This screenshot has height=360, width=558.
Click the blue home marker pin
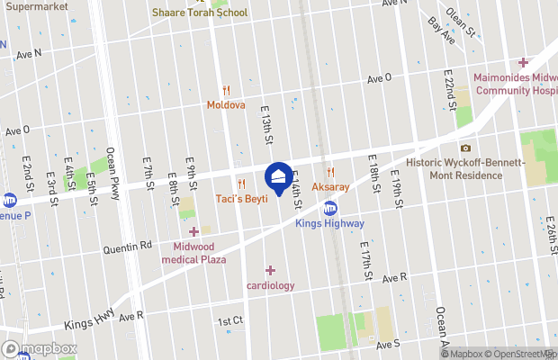(x=279, y=175)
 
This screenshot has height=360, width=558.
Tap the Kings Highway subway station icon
(x=330, y=208)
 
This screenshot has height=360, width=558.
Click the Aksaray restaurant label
(x=330, y=186)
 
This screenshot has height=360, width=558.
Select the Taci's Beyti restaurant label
(x=241, y=198)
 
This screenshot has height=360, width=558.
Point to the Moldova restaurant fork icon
(x=226, y=90)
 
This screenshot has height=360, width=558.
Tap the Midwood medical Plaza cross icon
(x=193, y=232)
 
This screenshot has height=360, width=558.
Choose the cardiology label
(x=270, y=285)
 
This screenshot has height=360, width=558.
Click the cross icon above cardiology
(x=270, y=270)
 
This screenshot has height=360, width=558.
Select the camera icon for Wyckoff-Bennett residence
(x=465, y=148)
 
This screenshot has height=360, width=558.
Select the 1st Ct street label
(x=230, y=320)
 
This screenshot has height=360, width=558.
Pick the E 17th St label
(x=364, y=261)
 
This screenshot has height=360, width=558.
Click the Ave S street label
(x=388, y=344)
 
